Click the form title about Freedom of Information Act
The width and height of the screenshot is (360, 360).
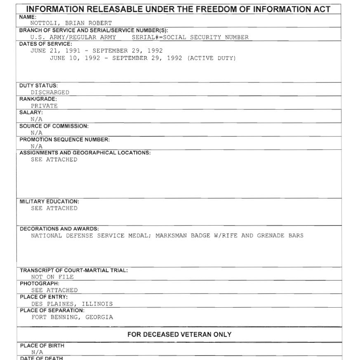click(x=179, y=9)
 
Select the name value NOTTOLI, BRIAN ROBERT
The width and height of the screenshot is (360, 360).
click(x=71, y=24)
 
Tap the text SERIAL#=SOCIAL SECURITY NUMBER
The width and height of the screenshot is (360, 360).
click(x=190, y=37)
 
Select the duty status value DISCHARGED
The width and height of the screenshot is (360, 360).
click(x=50, y=92)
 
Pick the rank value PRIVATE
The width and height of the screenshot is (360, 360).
click(x=44, y=106)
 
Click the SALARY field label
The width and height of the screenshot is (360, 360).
click(x=31, y=113)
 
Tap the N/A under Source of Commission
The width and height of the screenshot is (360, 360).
click(x=36, y=133)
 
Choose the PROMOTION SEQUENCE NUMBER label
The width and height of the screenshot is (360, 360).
click(x=65, y=139)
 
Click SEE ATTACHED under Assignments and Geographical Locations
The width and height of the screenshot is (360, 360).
click(x=54, y=160)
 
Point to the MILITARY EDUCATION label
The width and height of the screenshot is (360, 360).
click(x=49, y=202)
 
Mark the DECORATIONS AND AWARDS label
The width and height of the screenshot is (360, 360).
click(x=59, y=229)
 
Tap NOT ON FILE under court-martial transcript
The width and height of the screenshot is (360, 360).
click(x=52, y=277)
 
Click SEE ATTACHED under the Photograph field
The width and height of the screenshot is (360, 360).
click(x=54, y=290)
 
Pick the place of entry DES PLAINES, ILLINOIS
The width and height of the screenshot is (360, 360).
click(x=72, y=304)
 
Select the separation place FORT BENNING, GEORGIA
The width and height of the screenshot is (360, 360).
click(x=72, y=317)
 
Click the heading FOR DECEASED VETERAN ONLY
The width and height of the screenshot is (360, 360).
click(x=179, y=334)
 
